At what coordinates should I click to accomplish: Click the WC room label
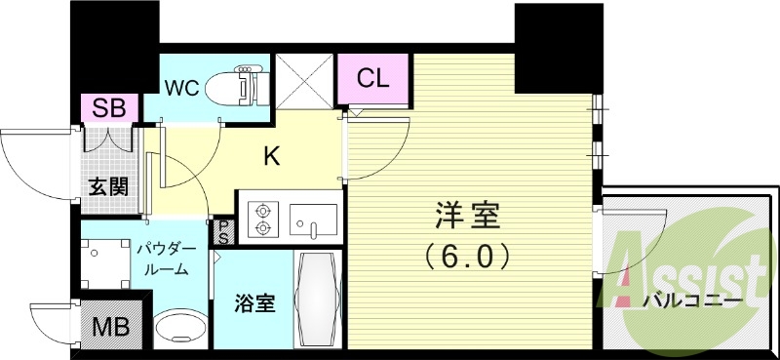pyautogui.click(x=182, y=88)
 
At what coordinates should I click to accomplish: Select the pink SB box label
pyautogui.click(x=109, y=108)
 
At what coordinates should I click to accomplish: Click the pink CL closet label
pyautogui.click(x=373, y=79)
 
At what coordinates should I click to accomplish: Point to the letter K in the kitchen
pyautogui.click(x=274, y=153)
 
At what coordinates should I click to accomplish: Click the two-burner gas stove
pyautogui.click(x=263, y=219)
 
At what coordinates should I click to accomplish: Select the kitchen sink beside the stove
pyautogui.click(x=312, y=220)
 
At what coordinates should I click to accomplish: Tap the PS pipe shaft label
pyautogui.click(x=223, y=231)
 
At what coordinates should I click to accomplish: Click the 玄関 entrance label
pyautogui.click(x=108, y=185)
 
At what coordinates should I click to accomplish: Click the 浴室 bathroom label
pyautogui.click(x=254, y=304)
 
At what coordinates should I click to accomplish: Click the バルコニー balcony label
pyautogui.click(x=689, y=301)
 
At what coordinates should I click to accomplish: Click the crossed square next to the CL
pyautogui.click(x=304, y=79)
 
